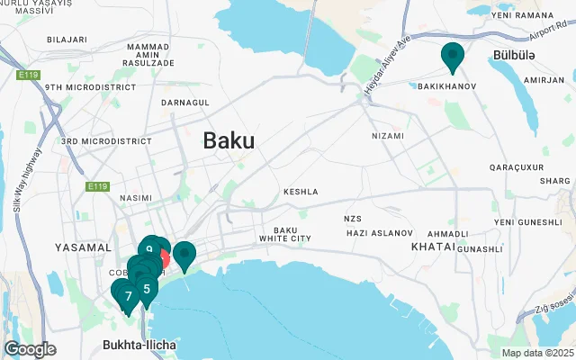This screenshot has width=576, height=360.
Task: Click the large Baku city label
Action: tap(229, 140)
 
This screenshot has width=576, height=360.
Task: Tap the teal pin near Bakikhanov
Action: tap(452, 57)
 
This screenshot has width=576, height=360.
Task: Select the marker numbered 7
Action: tap(129, 295)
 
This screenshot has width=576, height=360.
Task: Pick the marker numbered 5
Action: tap(146, 289)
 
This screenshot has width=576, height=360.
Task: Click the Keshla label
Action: tap(301, 192)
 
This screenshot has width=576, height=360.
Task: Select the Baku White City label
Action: tap(284, 234)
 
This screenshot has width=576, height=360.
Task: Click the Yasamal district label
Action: tap(83, 247)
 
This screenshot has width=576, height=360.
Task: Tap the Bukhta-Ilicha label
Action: tap(138, 345)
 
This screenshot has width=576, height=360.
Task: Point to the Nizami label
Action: tap(388, 135)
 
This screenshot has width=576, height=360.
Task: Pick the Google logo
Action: tap(30, 349)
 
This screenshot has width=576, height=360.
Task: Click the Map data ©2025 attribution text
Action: tap(536, 353)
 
